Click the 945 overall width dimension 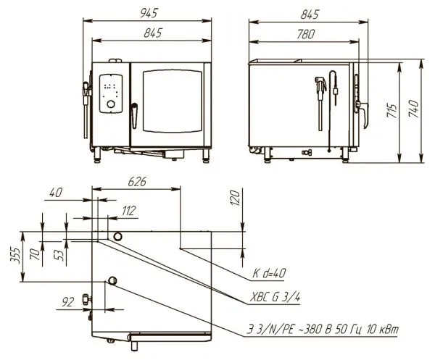click(x=149, y=13)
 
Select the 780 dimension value click(x=306, y=34)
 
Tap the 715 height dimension click(x=392, y=111)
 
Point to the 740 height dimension click(x=414, y=109)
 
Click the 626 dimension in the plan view click(x=137, y=182)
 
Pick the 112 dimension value click(x=129, y=211)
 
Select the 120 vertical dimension click(x=235, y=198)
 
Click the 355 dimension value click(x=15, y=255)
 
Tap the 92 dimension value click(x=67, y=302)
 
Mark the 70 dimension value click(x=36, y=254)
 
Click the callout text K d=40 click(x=268, y=274)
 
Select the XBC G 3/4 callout click(x=275, y=298)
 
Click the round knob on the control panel click(x=111, y=104)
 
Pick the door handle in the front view click(x=134, y=116)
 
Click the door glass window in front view click(x=173, y=101)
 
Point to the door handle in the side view click(x=363, y=114)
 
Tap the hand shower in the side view click(x=320, y=103)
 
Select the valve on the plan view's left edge click(x=86, y=300)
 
